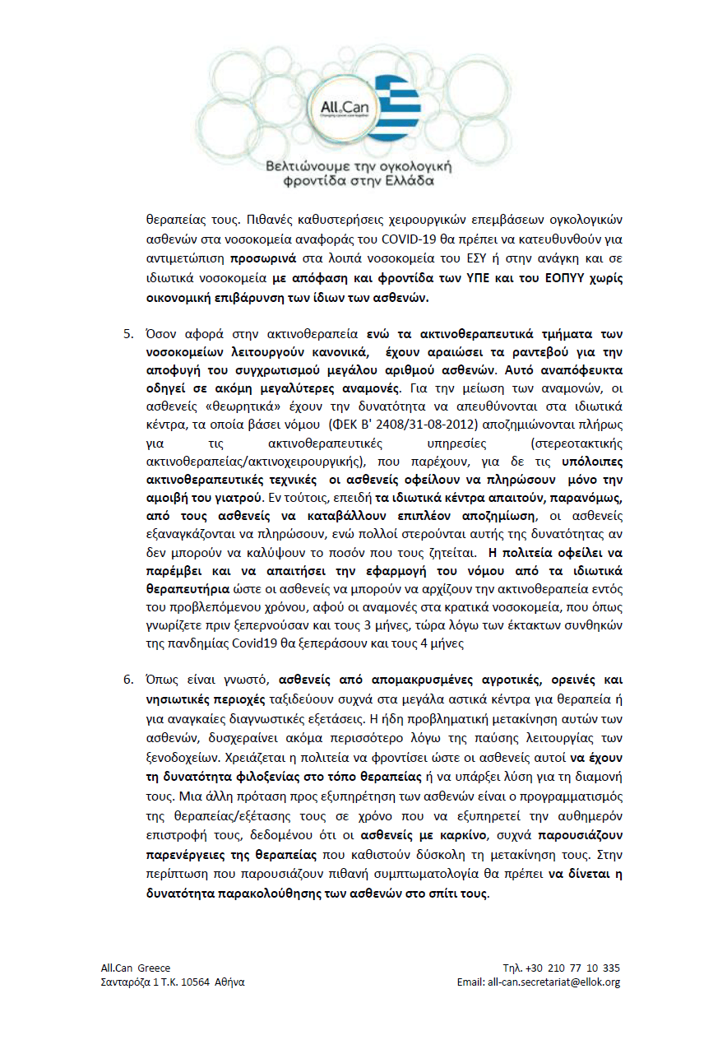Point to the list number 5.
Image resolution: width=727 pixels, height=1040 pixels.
click(x=127, y=335)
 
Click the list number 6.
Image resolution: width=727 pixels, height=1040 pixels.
click(x=127, y=680)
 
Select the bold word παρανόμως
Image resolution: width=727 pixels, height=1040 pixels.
click(x=583, y=497)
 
